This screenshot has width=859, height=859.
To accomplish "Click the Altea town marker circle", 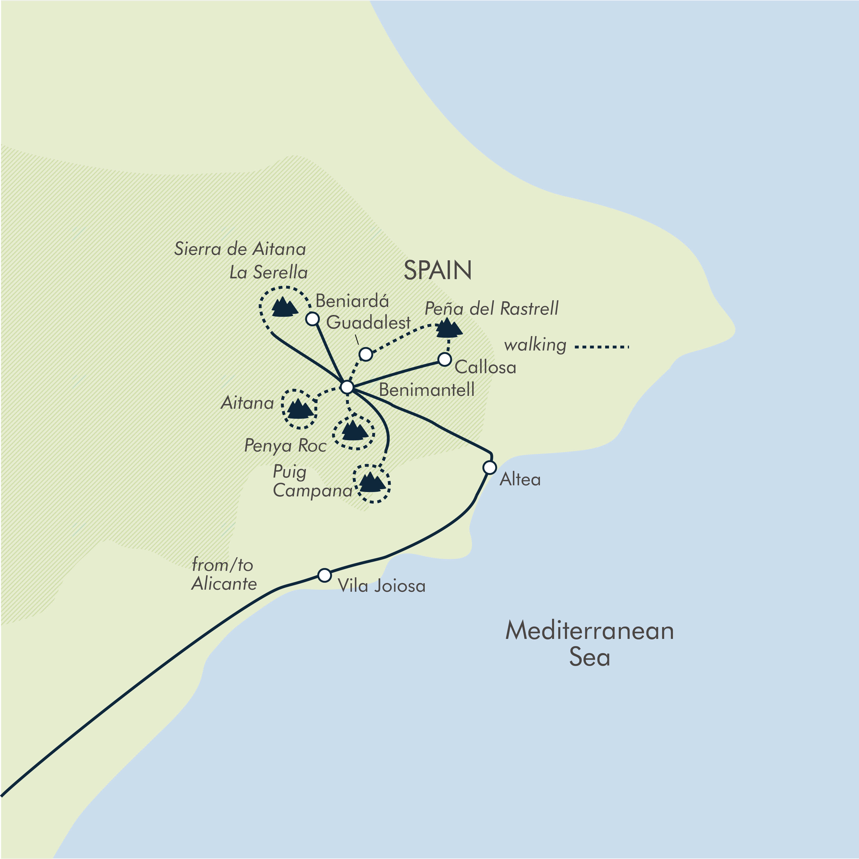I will pyautogui.click(x=489, y=468).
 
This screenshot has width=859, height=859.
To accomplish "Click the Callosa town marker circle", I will pyautogui.click(x=445, y=359).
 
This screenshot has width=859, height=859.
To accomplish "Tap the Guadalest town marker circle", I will pyautogui.click(x=365, y=354).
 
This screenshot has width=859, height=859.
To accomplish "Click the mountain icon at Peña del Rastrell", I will pyautogui.click(x=449, y=328).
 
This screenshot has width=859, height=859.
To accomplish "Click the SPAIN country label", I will pyautogui.click(x=438, y=270).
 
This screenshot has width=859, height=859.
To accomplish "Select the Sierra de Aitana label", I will pyautogui.click(x=240, y=249).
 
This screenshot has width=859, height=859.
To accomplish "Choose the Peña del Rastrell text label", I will pyautogui.click(x=491, y=308).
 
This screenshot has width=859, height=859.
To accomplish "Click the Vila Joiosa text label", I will pyautogui.click(x=381, y=586).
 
